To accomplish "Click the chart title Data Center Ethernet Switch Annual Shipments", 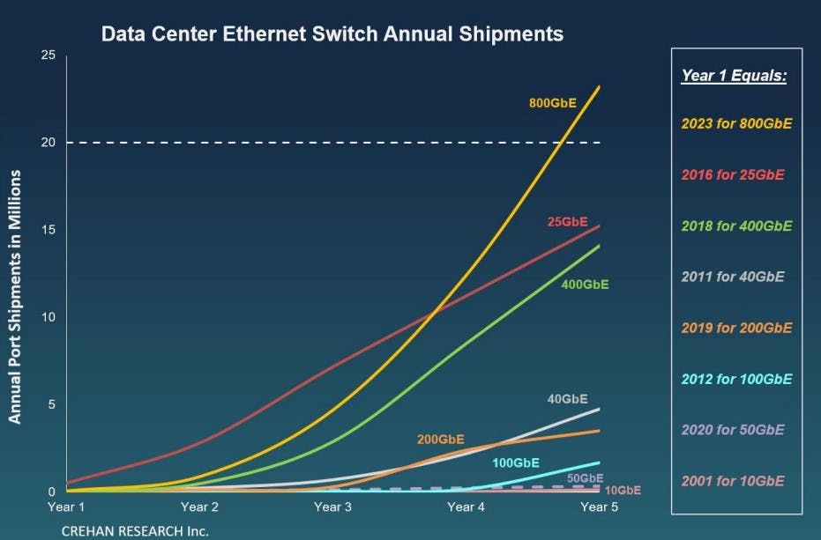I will pyautogui.click(x=332, y=34).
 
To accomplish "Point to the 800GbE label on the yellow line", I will pyautogui.click(x=552, y=103).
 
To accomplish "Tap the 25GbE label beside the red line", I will pyautogui.click(x=568, y=222).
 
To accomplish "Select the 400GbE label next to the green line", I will pyautogui.click(x=585, y=285).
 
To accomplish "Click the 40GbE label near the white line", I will pyautogui.click(x=567, y=399).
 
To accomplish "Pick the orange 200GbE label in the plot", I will pyautogui.click(x=441, y=439).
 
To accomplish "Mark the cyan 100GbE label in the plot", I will pyautogui.click(x=515, y=462).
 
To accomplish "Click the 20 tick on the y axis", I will pyautogui.click(x=49, y=143).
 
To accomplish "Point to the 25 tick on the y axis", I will pyautogui.click(x=49, y=55).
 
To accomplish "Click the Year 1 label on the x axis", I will pyautogui.click(x=66, y=507).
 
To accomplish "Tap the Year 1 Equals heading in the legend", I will pyautogui.click(x=734, y=76).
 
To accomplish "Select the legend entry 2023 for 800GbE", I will pyautogui.click(x=736, y=123).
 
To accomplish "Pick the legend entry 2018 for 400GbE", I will pyautogui.click(x=736, y=226).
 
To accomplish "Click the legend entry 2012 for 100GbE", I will pyautogui.click(x=736, y=379).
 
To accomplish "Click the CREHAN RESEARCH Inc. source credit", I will pyautogui.click(x=134, y=531).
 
